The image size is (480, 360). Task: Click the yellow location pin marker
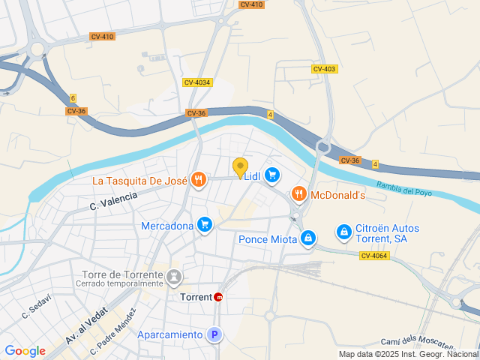240,168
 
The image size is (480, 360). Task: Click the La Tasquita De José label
139,181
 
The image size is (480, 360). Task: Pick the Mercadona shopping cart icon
204,225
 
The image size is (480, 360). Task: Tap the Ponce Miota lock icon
307,239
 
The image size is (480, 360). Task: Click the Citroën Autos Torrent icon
343,232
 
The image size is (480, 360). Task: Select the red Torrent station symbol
219,297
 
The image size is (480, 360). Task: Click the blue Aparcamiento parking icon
215,335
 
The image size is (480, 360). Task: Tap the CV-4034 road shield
197,82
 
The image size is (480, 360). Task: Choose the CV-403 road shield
325,69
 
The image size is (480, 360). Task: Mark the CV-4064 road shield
374,256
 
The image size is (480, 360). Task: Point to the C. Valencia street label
114,200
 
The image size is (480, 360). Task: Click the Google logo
25,351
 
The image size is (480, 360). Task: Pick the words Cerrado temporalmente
119,283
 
